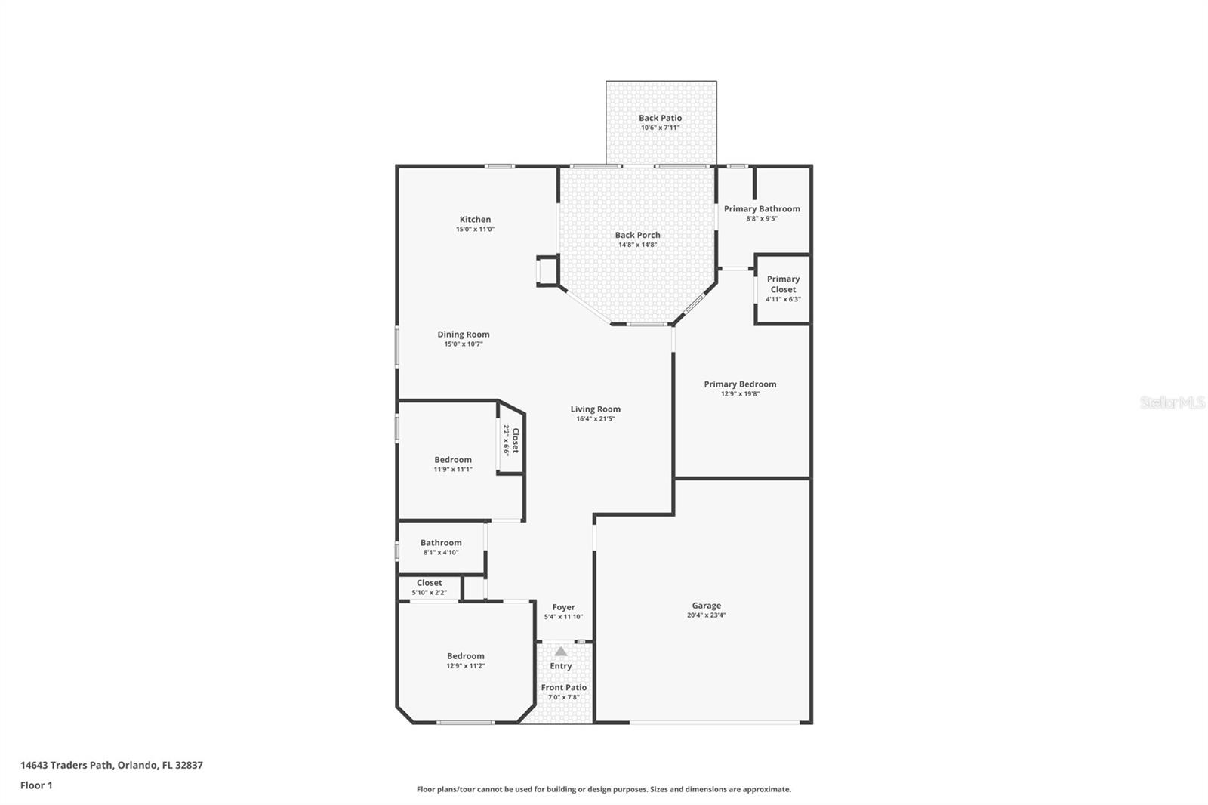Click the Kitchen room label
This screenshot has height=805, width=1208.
(x=475, y=220)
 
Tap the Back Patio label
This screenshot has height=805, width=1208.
(x=660, y=118)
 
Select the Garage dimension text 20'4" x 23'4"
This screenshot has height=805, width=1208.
(x=707, y=615)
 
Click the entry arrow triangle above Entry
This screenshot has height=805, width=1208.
(x=560, y=651)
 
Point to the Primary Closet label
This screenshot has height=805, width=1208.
(x=783, y=284)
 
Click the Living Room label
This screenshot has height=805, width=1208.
(x=595, y=409)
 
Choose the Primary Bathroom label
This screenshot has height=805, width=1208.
(x=762, y=209)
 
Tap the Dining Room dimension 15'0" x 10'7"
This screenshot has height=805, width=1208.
(x=464, y=344)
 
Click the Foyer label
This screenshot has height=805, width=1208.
(x=563, y=607)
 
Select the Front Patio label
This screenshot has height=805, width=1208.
(x=563, y=687)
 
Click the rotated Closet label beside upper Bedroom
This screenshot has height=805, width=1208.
(x=515, y=440)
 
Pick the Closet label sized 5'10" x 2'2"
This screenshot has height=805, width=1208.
(x=429, y=583)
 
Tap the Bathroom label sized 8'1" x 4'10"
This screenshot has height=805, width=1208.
(x=441, y=543)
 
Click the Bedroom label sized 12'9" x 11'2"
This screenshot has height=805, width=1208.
(x=465, y=656)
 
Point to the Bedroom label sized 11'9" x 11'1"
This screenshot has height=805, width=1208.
(x=453, y=460)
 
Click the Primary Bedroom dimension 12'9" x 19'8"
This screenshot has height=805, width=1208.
(x=740, y=393)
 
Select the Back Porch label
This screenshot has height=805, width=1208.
(x=637, y=235)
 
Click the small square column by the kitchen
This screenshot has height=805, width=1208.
(x=547, y=271)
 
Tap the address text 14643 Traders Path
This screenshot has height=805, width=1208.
(x=68, y=765)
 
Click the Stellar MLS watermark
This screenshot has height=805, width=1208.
(x=1172, y=402)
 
